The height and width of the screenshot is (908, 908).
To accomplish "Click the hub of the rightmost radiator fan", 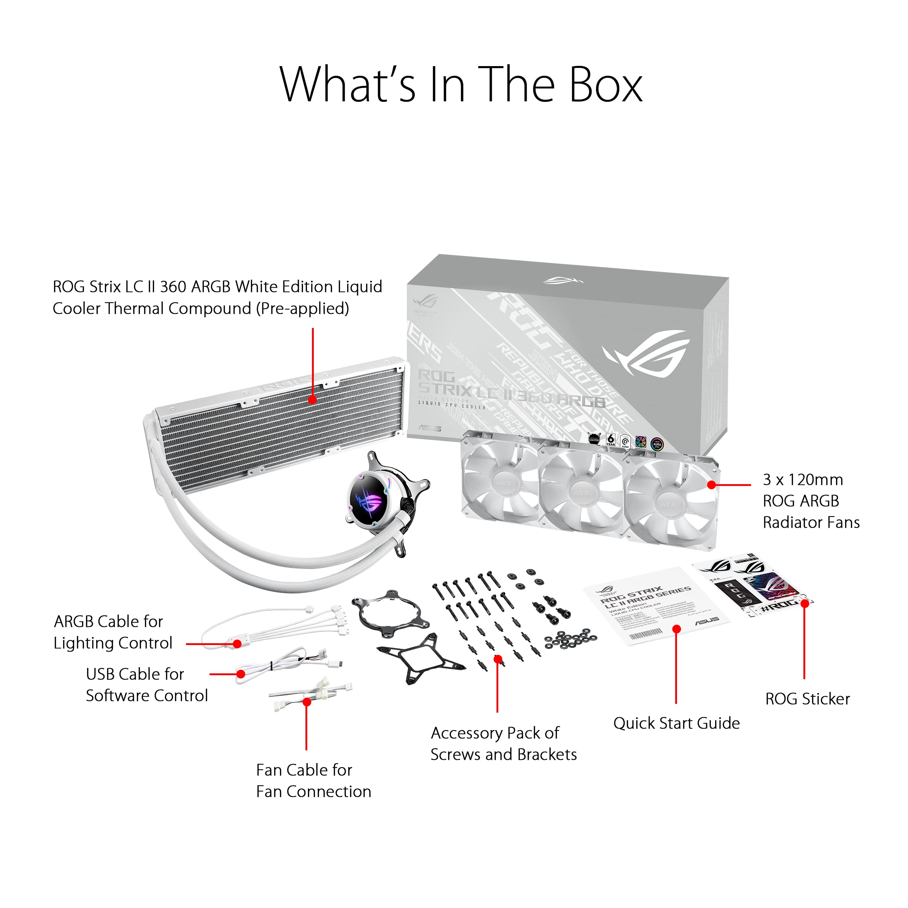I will [x=669, y=504].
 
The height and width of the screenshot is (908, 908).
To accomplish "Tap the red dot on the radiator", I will [x=312, y=400].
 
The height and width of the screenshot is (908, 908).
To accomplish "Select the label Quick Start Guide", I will [x=676, y=723].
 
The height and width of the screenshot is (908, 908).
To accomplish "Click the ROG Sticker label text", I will [x=807, y=699].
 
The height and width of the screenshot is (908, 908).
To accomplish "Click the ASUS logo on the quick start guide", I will [x=707, y=620].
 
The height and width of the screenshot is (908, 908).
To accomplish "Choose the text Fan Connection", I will [x=313, y=791].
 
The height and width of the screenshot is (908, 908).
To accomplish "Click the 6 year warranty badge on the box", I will [x=611, y=439].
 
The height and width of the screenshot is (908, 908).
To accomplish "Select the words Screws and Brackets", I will [x=503, y=754].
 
